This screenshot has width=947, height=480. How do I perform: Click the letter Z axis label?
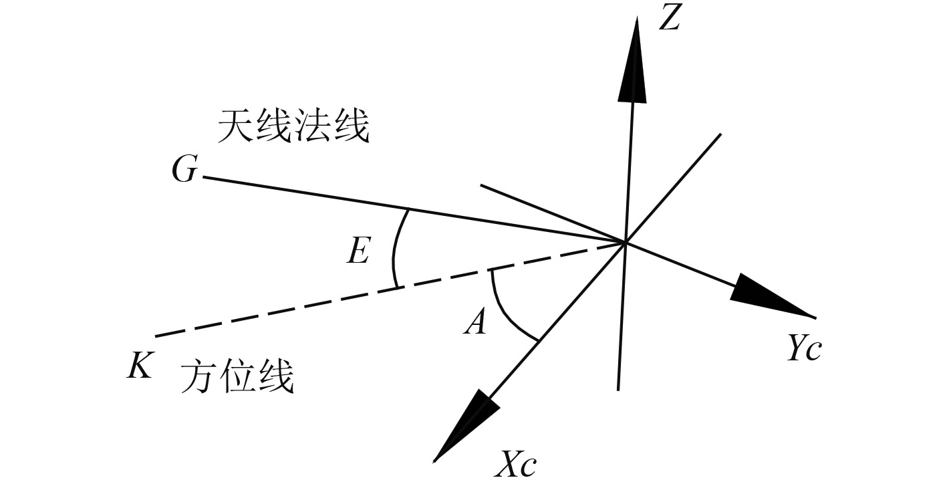coord(669,19)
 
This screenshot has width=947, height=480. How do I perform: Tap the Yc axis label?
coord(803,348)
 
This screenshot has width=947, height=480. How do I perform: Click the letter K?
coord(140,367)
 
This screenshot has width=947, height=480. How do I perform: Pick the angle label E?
coord(358,251)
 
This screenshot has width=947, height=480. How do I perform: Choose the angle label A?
coord(475,324)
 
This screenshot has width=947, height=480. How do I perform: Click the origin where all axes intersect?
coord(625,242)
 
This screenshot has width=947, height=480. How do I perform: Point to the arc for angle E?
coord(394,247)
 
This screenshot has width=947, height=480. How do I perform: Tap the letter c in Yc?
coord(812,351)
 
